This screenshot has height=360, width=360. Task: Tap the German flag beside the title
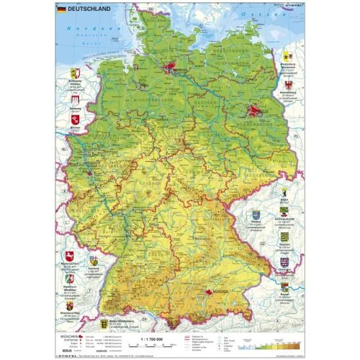point(61,9)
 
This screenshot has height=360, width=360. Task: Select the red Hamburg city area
point(171,69)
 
